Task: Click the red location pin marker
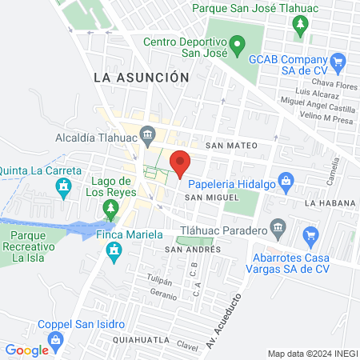tap(181, 162)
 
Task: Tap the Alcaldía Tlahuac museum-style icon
tap(147, 134)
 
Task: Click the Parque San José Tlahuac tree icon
tap(301, 26)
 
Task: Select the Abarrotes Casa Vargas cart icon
tap(311, 235)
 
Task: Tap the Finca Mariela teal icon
tap(114, 253)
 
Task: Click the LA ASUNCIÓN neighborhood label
tap(141, 77)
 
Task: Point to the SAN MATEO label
tap(230, 146)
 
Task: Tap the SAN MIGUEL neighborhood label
tap(211, 197)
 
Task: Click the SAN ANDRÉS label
tap(192, 249)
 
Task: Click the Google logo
tap(26, 350)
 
